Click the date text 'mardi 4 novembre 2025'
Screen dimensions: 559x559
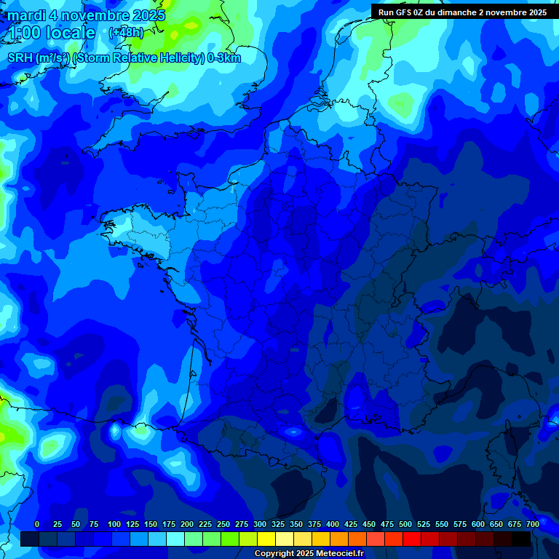pos(87,15)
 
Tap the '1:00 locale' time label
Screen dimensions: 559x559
pos(52,33)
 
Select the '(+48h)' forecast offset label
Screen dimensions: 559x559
pos(126,32)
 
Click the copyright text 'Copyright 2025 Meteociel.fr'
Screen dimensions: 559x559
pos(309,553)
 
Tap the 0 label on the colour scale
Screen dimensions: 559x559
pos(37,524)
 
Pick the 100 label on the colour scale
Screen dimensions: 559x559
pos(114,524)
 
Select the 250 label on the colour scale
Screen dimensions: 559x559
pos(223,524)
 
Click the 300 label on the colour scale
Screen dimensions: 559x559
pos(260,524)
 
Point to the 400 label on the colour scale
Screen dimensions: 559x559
pos(333,524)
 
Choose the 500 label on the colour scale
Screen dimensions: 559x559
pos(405,524)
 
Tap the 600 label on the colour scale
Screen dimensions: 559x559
pos(478,524)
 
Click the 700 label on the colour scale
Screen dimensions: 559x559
pos(533,524)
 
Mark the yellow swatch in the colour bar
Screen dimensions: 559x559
pos(266,539)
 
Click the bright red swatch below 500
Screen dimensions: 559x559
pos(412,539)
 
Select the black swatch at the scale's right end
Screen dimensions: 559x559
pos(521,539)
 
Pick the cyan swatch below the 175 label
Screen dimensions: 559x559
pos(175,539)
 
